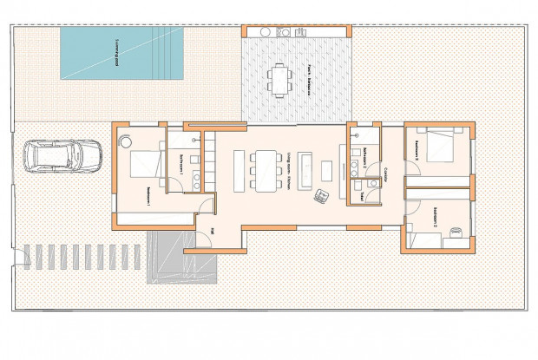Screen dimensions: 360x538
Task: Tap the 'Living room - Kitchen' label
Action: point(287,167)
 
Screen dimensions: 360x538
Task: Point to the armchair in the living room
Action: point(323,194)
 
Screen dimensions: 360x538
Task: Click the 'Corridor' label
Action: point(385,174)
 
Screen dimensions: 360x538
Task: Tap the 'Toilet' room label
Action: point(362,196)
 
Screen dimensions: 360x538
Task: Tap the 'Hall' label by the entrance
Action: point(213,231)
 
